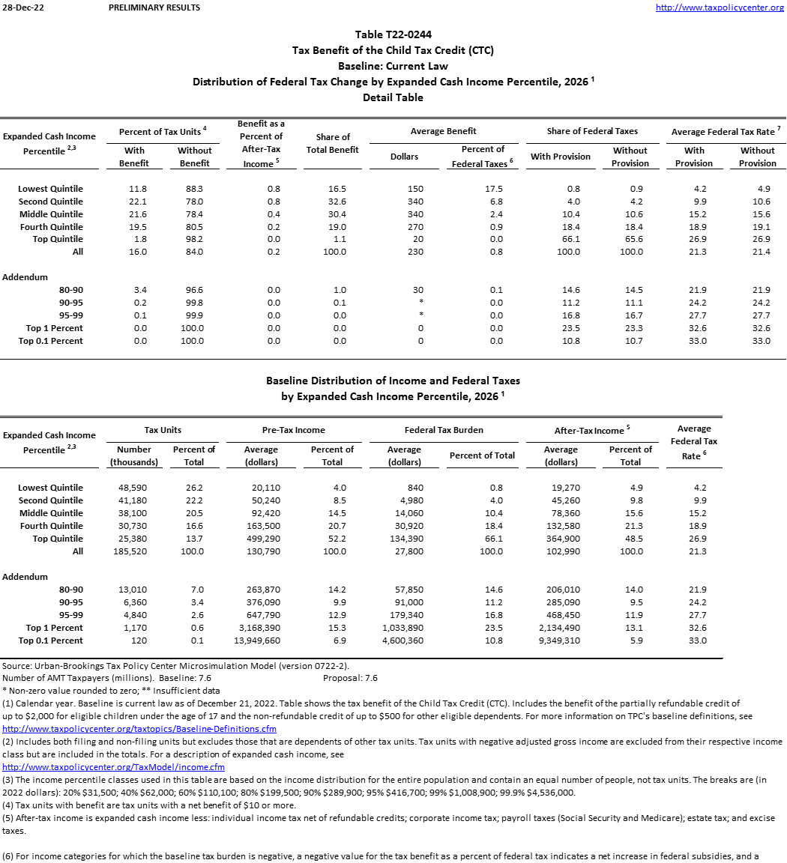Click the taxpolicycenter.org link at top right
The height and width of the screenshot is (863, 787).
coord(720,7)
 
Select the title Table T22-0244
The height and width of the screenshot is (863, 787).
coord(393,34)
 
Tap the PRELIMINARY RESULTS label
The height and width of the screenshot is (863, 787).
coord(154,7)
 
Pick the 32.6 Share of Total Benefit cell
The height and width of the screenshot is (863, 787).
coord(338,202)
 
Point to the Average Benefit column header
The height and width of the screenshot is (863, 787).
coord(443,131)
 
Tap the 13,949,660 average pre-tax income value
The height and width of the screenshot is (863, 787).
coord(268,641)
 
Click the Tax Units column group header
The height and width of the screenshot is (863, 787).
coord(163,430)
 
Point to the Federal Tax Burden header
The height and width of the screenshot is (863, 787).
coord(444,430)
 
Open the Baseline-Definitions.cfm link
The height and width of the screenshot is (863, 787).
coord(139,729)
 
